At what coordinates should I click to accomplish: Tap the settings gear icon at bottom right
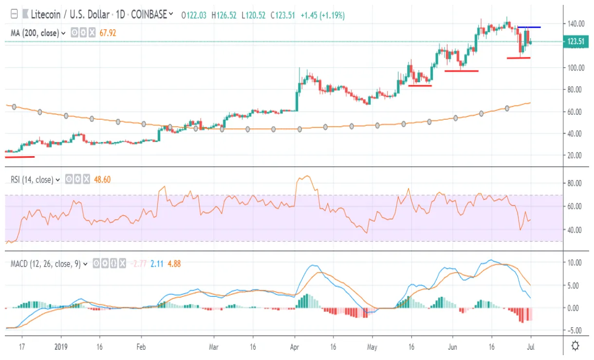tap(575, 346)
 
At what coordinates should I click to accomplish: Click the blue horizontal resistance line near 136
tap(529, 27)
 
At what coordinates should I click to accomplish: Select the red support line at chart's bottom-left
tap(19, 157)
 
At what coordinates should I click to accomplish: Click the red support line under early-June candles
tap(461, 71)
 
